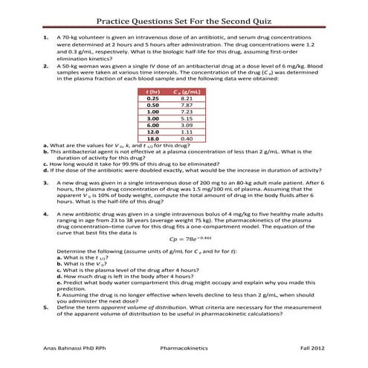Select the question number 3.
[x=47, y=182]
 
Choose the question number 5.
[x=47, y=306]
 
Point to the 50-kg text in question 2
[x=71, y=65]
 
